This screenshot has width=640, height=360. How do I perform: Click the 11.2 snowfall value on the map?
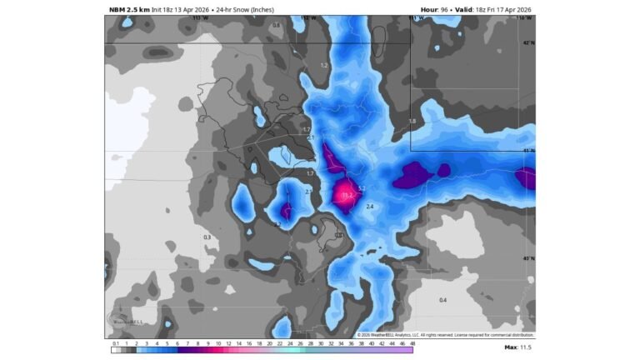coord(347,195)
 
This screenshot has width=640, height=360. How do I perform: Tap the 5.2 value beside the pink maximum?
coord(361,188)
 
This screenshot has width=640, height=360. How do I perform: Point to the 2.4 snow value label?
coord(369,206)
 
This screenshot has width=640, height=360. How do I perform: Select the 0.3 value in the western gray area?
coord(207,237)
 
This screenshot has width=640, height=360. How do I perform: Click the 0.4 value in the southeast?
coord(442,300)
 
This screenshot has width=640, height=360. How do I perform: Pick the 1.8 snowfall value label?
coord(411,122)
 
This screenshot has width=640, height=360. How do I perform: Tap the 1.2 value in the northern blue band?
coord(325,65)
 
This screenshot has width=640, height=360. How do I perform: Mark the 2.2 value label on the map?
coord(277,224)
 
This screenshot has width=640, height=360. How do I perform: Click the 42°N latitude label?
coord(527,42)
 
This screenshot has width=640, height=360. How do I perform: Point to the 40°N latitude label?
coord(527,258)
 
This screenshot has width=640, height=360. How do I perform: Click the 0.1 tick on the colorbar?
coord(115,343)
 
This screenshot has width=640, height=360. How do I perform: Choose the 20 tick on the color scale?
coord(269,343)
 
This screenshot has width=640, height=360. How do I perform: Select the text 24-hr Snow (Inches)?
coord(244,9)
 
